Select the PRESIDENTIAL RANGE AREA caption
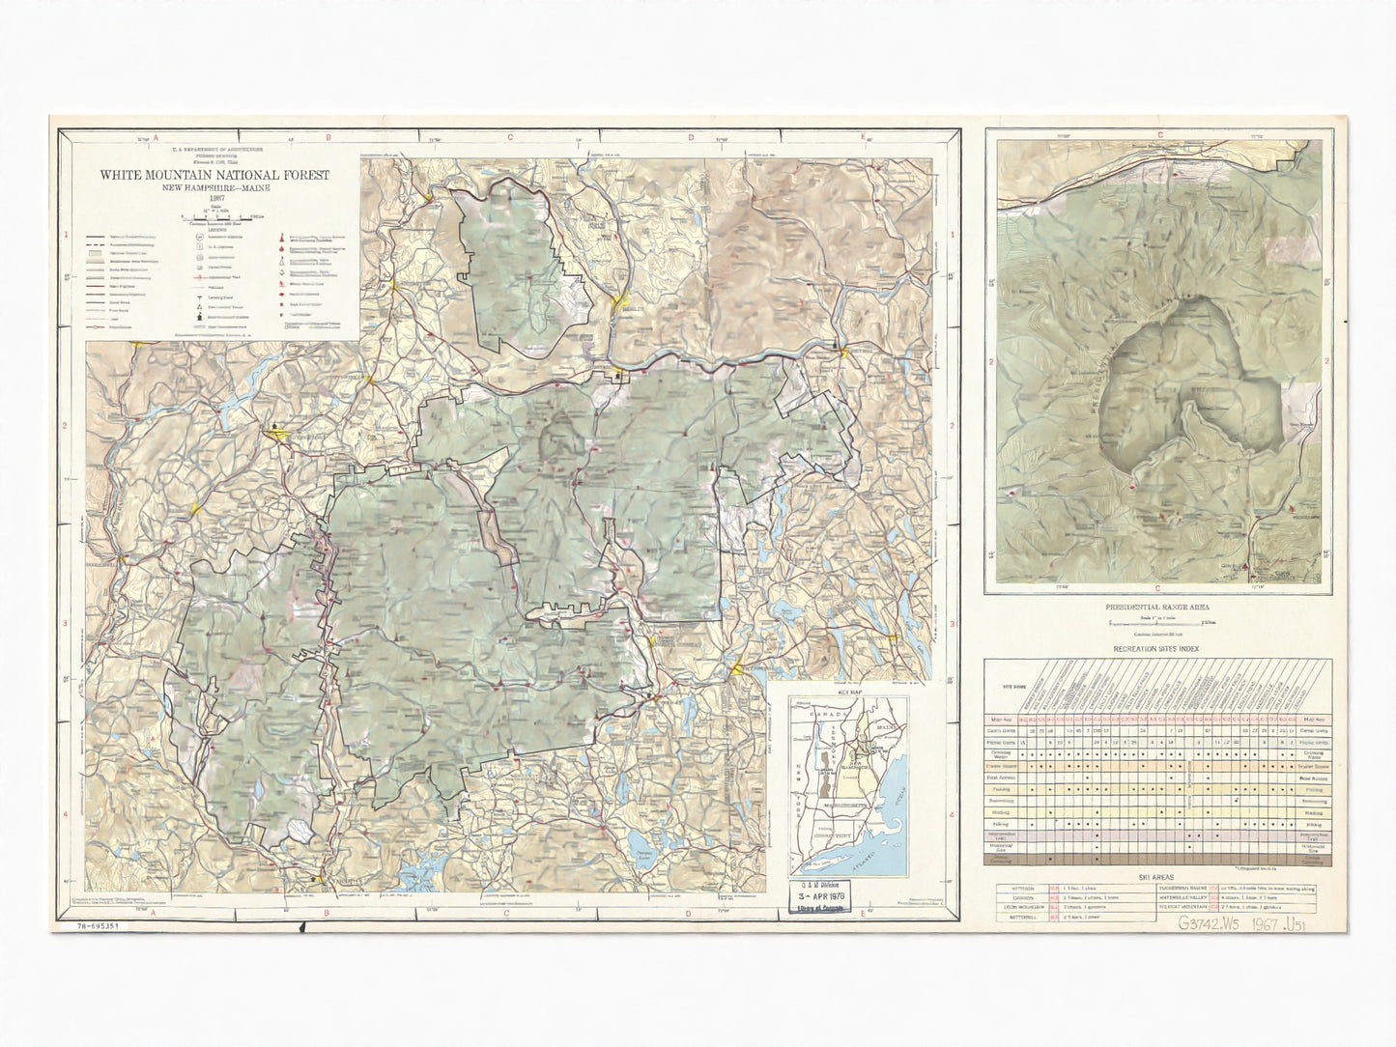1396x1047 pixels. [1157, 608]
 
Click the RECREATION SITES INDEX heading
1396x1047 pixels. [1157, 648]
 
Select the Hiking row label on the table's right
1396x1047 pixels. [1311, 814]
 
